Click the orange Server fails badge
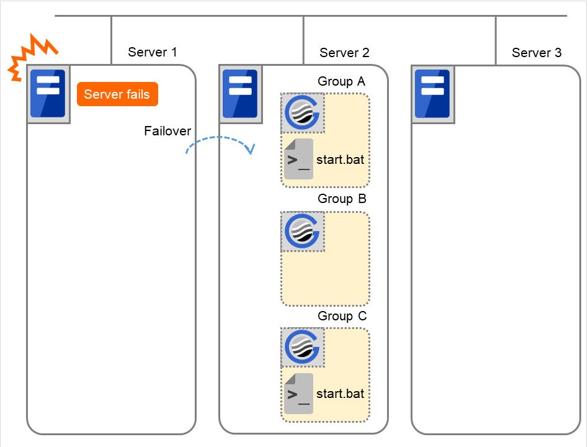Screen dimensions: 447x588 click(x=117, y=94)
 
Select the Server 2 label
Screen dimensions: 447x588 click(x=344, y=53)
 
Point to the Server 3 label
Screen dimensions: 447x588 click(x=537, y=53)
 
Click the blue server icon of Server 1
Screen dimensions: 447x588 click(x=48, y=94)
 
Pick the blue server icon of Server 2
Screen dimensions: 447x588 click(x=241, y=94)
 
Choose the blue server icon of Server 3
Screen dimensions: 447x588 click(x=433, y=94)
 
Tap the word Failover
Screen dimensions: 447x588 click(x=167, y=131)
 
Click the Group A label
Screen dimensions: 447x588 click(x=342, y=81)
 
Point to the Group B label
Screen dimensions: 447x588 click(x=342, y=199)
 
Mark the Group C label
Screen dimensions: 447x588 click(x=342, y=316)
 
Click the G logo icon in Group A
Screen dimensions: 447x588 click(x=303, y=113)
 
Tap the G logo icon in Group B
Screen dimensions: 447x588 click(x=303, y=230)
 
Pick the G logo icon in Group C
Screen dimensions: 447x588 click(x=303, y=348)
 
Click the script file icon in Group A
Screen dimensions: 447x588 click(x=298, y=160)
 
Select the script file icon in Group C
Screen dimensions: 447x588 click(x=298, y=394)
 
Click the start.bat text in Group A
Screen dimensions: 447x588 click(x=340, y=160)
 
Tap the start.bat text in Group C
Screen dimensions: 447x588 click(x=340, y=394)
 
